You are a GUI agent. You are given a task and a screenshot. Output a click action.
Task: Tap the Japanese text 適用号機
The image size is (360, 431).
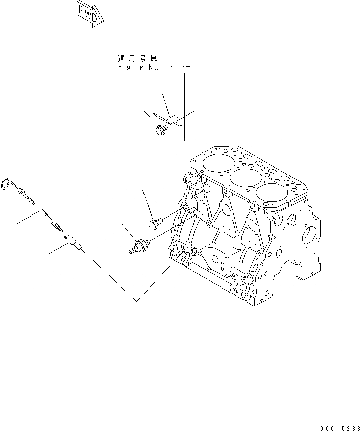tap(137, 59)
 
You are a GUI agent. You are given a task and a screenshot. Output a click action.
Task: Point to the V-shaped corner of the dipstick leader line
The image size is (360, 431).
tap(137, 301)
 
